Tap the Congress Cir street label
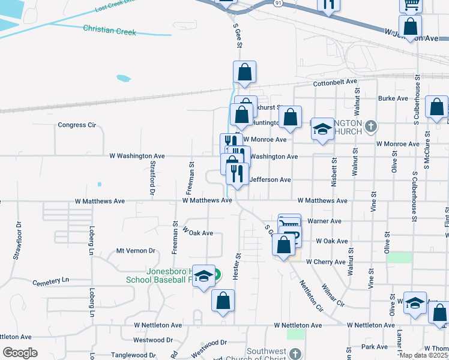coord(76,125)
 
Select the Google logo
coord(20,352)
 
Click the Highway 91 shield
coord(277,3)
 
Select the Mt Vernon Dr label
coord(136,251)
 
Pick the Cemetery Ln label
coord(51,281)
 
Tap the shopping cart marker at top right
coord(411,5)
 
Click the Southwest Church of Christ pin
coord(294,352)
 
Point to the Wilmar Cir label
coord(333,295)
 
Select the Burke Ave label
coord(393,98)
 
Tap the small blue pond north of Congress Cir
coord(123,78)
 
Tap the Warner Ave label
coord(324,221)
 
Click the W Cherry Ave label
coord(325,262)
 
